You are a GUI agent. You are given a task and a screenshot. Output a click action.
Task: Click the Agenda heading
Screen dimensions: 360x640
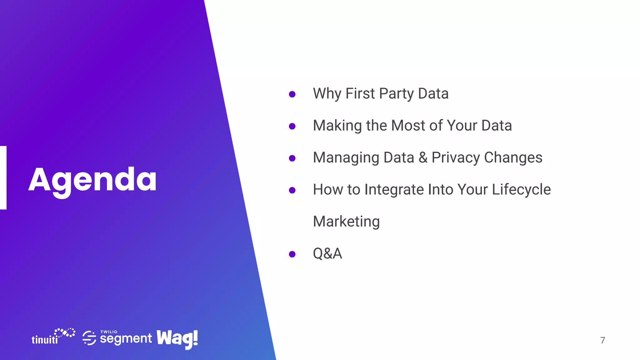(92, 180)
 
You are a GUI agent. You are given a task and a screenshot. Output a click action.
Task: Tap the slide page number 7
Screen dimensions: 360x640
(602, 340)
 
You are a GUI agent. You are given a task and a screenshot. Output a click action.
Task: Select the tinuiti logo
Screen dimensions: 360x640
(53, 337)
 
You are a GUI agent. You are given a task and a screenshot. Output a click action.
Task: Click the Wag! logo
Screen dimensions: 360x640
(177, 339)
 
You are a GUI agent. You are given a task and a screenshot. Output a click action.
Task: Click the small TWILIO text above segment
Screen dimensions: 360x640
(109, 332)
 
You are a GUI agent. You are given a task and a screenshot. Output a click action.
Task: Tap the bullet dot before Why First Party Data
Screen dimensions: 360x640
(292, 94)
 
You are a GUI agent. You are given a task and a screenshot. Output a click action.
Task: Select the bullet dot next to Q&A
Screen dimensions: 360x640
(292, 254)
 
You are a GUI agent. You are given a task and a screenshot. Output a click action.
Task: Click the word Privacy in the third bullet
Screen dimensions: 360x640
(456, 158)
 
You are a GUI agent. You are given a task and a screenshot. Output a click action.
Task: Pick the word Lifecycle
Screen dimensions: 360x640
(521, 190)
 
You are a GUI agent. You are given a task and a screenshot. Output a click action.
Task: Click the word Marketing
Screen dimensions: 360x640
(346, 222)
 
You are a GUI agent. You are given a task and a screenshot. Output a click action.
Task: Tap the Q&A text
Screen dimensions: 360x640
(327, 253)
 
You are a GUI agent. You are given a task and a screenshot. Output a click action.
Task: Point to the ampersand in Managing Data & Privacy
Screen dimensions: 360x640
(423, 157)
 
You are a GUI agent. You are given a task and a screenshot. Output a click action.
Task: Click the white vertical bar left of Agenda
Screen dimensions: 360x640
(3, 177)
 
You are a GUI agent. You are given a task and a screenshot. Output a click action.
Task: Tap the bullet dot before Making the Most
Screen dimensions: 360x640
(292, 126)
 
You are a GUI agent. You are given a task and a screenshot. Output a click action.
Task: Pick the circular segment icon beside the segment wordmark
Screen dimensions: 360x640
(89, 338)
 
